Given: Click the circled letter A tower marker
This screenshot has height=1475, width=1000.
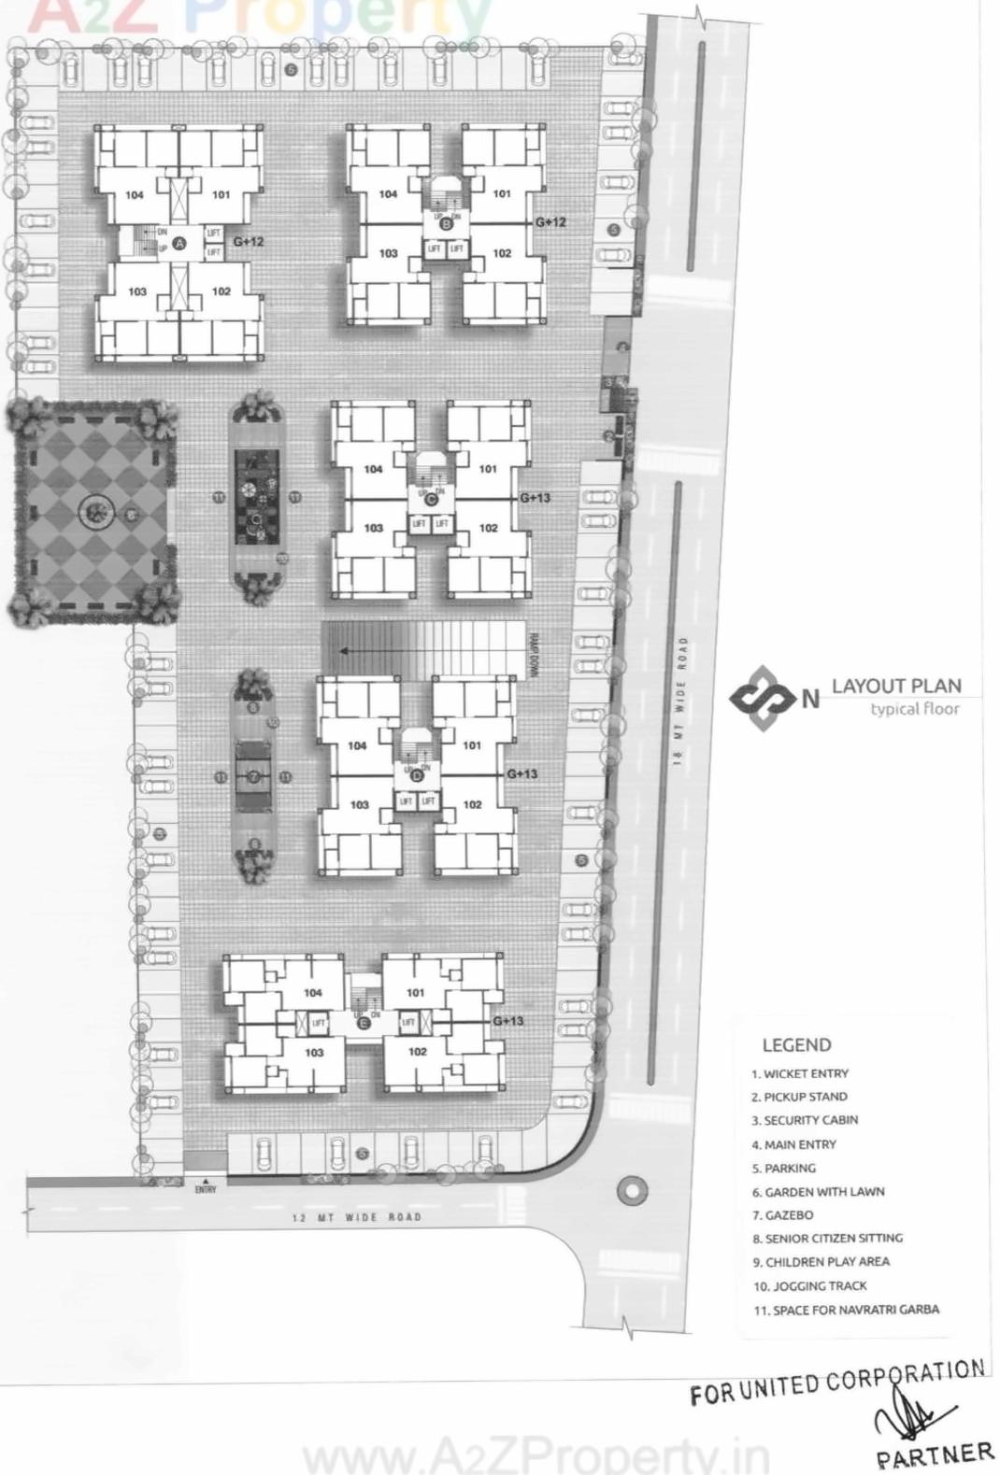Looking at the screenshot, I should click(x=180, y=242).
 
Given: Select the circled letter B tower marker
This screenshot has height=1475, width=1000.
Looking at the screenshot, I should click(x=446, y=223).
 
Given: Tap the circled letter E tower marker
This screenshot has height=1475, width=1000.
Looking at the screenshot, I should click(x=364, y=1023).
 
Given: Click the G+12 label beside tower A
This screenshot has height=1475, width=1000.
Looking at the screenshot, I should click(x=249, y=241).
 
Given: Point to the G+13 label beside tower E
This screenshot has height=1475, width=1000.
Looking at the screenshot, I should click(x=507, y=1021).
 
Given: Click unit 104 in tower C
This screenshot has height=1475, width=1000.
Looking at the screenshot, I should click(x=373, y=469).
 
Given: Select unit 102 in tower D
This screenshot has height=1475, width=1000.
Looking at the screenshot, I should click(x=472, y=804).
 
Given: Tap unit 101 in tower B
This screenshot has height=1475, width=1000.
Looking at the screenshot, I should click(x=502, y=194).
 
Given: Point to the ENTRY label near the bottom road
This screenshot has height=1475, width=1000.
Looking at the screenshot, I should click(x=206, y=1189).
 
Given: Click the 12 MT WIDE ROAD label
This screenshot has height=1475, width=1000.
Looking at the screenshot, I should click(x=356, y=1217).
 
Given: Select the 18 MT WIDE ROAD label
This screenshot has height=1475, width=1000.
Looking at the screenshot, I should click(x=681, y=701).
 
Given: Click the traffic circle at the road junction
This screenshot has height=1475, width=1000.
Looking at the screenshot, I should click(x=633, y=1189).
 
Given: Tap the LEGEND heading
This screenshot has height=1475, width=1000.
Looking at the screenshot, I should click(x=796, y=1045).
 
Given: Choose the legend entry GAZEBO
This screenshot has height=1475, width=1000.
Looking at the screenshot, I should click(x=788, y=1215).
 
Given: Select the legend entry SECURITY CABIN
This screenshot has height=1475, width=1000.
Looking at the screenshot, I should click(x=810, y=1120).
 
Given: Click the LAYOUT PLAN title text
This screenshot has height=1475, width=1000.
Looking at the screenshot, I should click(x=895, y=686).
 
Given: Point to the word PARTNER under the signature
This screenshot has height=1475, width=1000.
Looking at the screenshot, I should click(x=934, y=1454).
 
